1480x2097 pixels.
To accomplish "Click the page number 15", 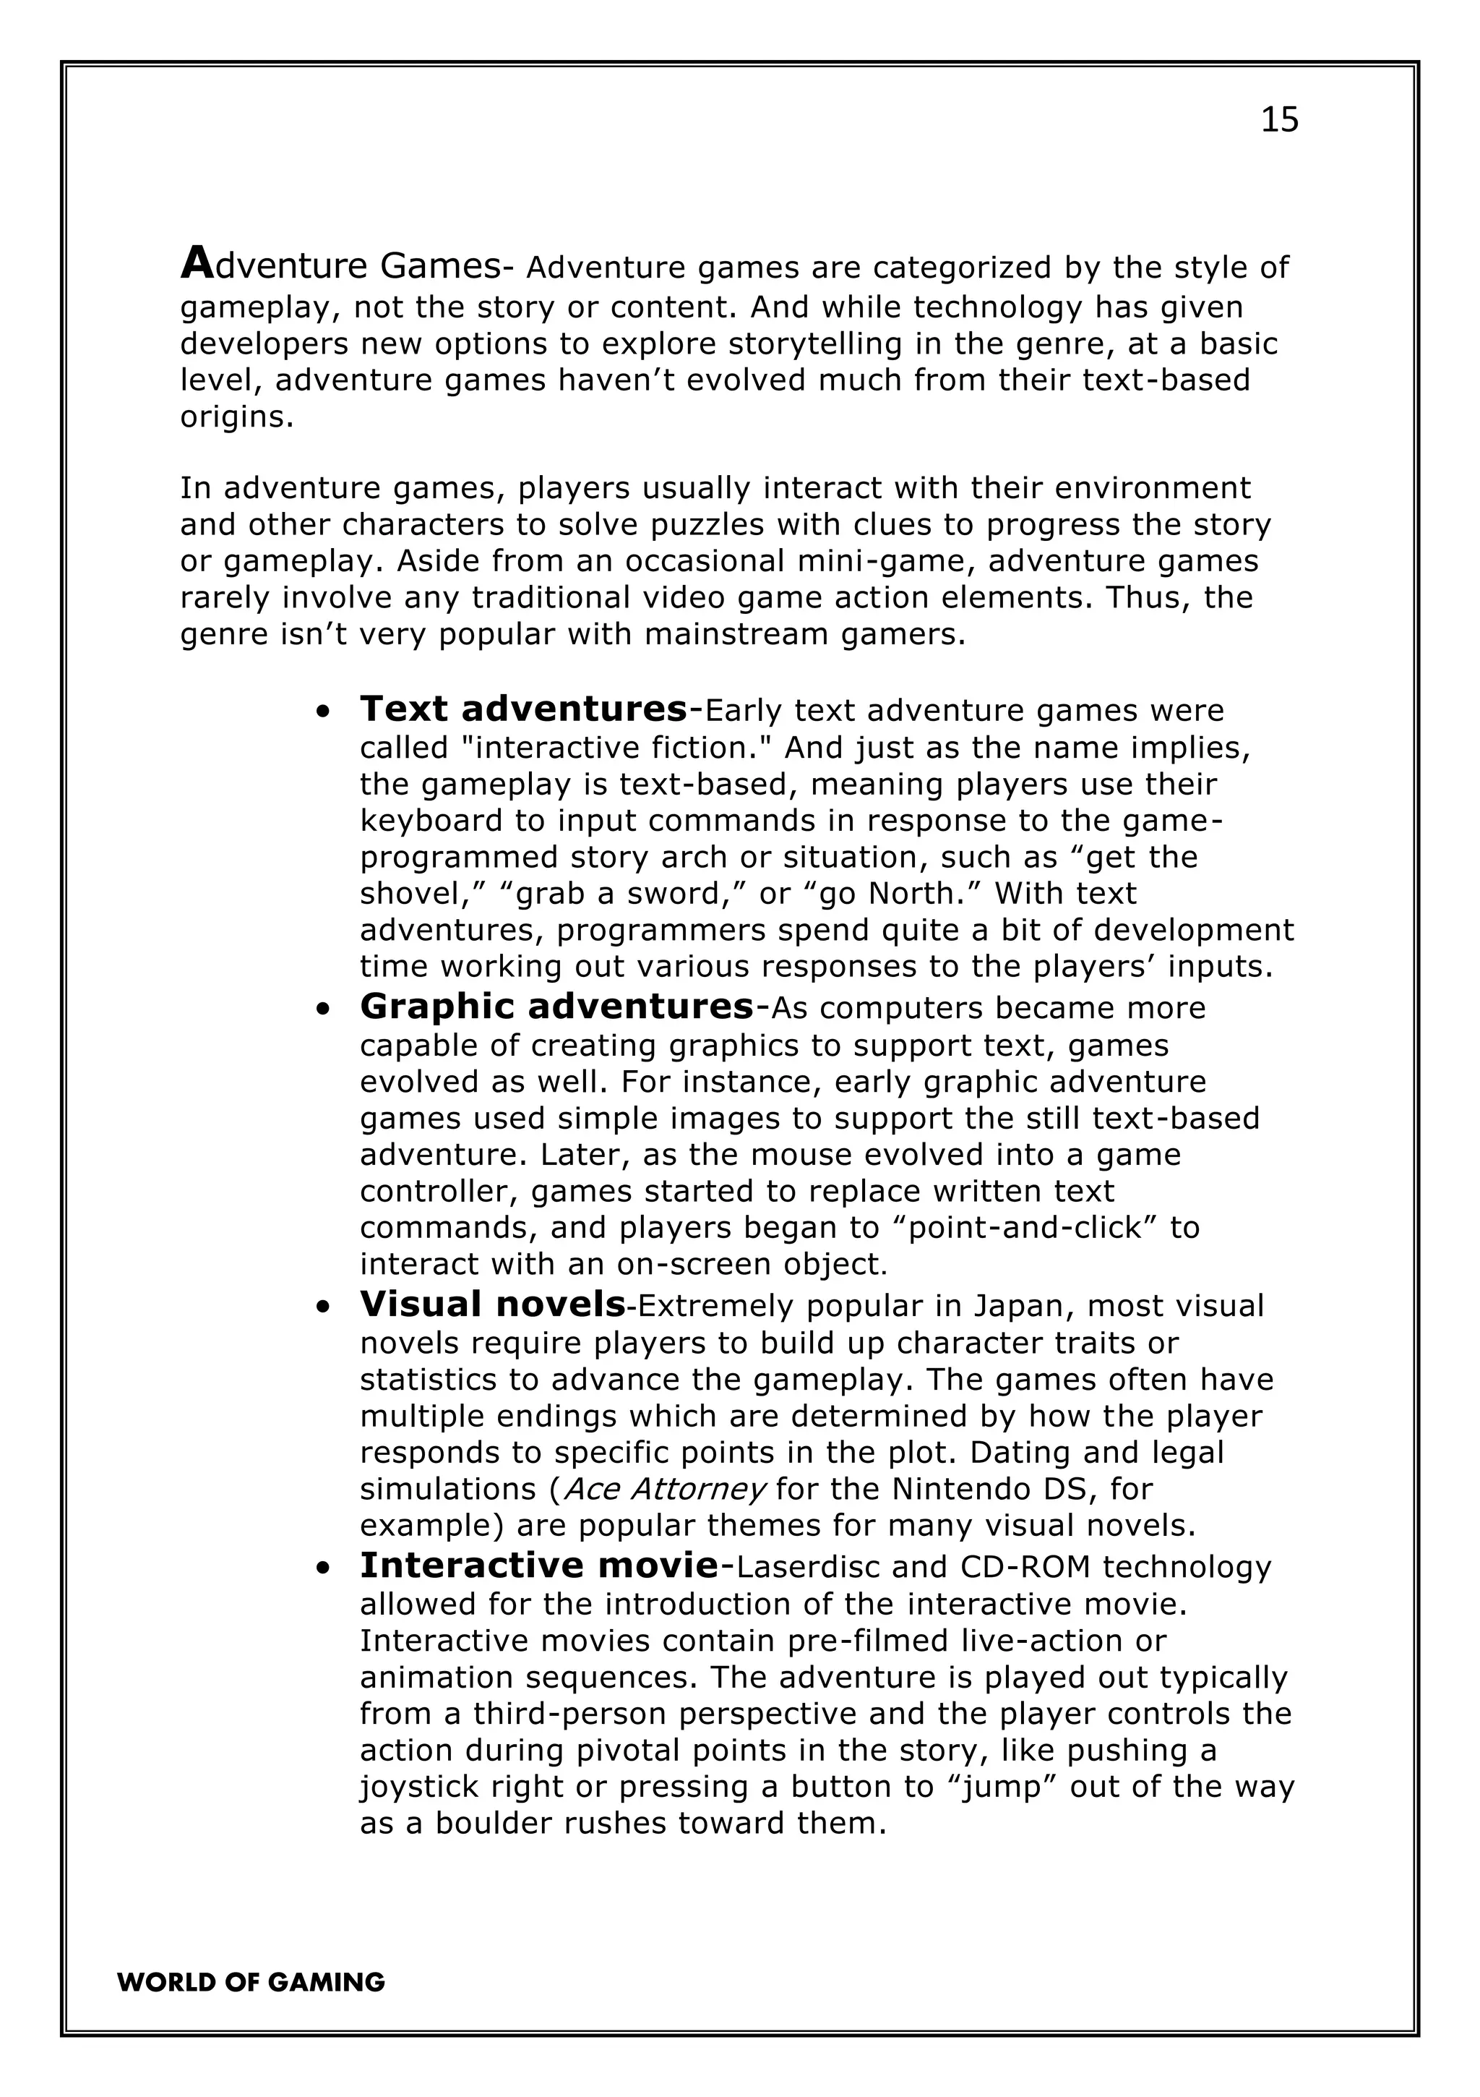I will pos(1279,119).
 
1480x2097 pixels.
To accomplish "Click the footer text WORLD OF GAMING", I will pos(251,1982).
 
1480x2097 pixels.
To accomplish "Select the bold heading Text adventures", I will pos(524,709).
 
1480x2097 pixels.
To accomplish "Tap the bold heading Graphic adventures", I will pos(557,1006).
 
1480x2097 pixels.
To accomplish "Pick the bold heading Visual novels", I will pos(493,1304).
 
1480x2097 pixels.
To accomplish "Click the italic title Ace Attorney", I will pos(665,1489).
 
